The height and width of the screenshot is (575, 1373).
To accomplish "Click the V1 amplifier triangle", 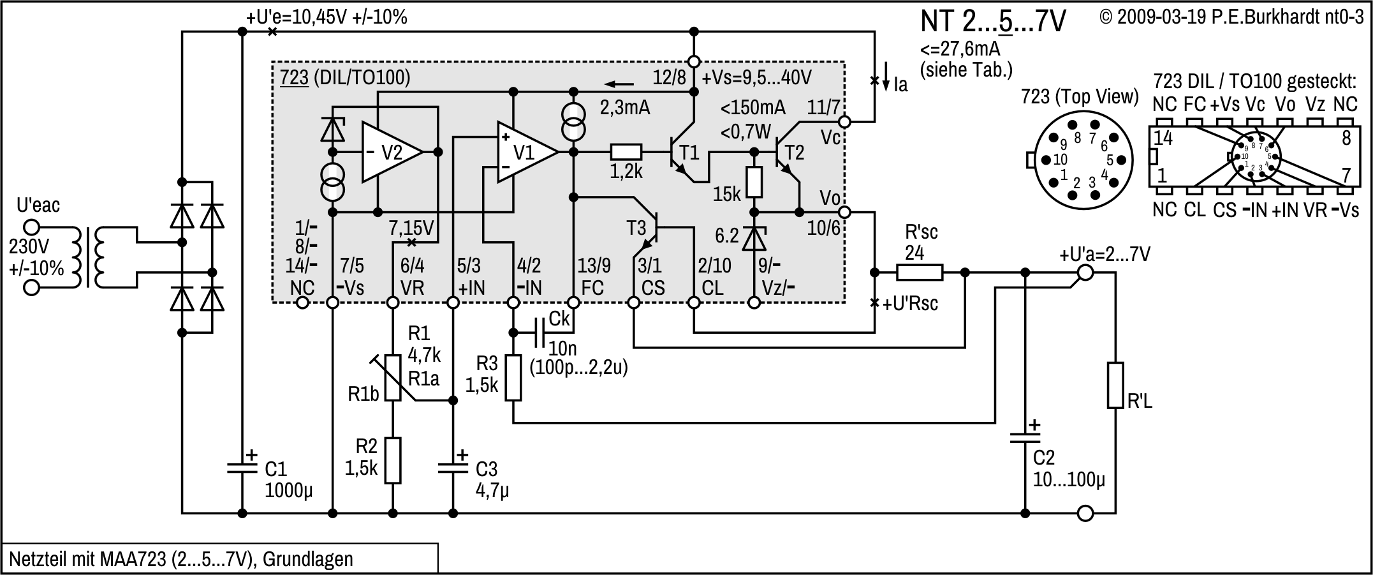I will pyautogui.click(x=524, y=152).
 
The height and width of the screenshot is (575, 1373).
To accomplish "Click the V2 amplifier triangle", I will pyautogui.click(x=389, y=152).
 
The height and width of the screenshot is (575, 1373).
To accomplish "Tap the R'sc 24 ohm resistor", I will pyautogui.click(x=919, y=273).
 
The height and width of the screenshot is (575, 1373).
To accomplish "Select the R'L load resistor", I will pyautogui.click(x=1115, y=385).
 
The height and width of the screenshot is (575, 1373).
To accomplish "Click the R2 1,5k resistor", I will pyautogui.click(x=393, y=460).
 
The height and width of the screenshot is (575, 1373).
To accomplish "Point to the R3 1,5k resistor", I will pyautogui.click(x=513, y=378).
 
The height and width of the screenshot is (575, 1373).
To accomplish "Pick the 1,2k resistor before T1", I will pyautogui.click(x=626, y=152).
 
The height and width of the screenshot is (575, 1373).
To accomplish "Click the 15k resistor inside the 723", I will pyautogui.click(x=754, y=182).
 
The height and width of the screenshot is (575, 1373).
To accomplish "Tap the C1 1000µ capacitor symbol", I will pyautogui.click(x=242, y=468).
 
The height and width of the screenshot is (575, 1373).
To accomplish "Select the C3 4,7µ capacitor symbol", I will pyautogui.click(x=453, y=468).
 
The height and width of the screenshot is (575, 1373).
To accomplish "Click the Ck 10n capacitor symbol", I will pyautogui.click(x=543, y=332).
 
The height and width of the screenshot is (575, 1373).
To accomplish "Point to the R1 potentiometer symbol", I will pyautogui.click(x=393, y=378).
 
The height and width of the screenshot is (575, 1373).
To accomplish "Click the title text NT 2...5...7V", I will pyautogui.click(x=992, y=22).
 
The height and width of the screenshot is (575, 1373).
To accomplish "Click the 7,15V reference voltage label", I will pyautogui.click(x=411, y=228).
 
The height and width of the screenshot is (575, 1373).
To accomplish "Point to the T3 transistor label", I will pyautogui.click(x=636, y=228).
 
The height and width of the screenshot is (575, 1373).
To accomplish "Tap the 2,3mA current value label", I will pyautogui.click(x=624, y=107).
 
